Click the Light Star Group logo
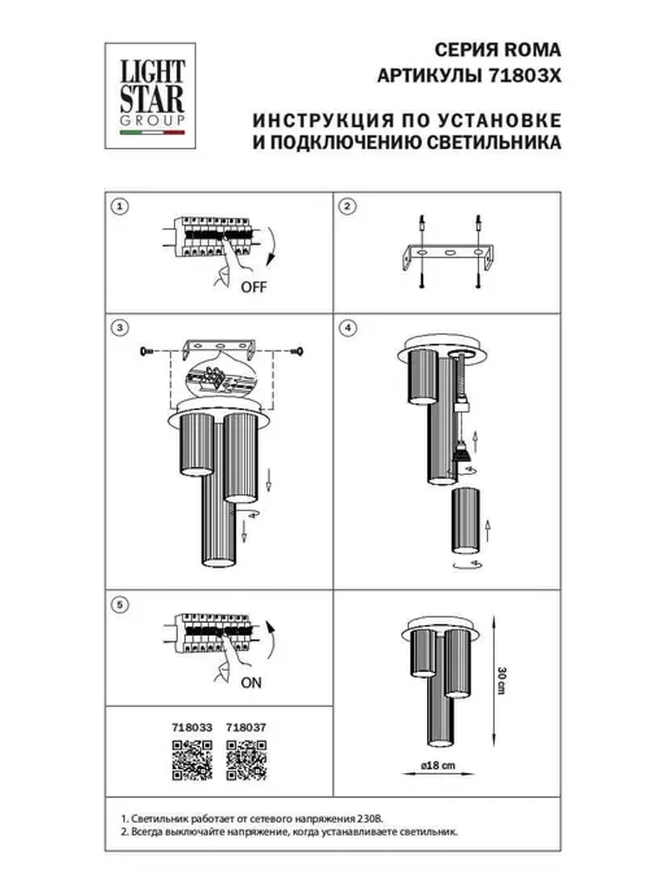[150, 96]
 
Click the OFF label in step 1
[253, 287]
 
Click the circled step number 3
[120, 328]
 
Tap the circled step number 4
[347, 328]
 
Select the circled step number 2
[347, 206]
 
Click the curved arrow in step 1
[270, 246]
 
